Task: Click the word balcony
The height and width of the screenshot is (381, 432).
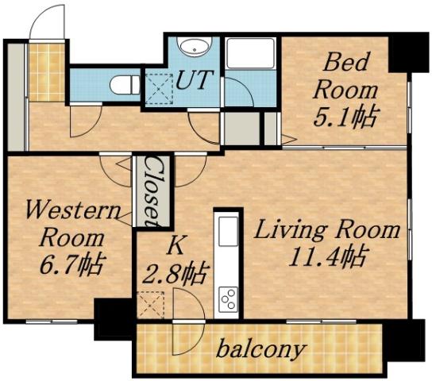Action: (260, 348)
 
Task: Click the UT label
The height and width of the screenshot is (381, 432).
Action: (194, 80)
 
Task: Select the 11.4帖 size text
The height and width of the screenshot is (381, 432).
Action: (327, 257)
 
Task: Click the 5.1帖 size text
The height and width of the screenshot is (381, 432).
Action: (343, 117)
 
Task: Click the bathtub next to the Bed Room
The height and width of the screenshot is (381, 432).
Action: (250, 55)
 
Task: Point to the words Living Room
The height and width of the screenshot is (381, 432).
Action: (326, 231)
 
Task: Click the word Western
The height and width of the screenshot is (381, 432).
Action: (71, 211)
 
